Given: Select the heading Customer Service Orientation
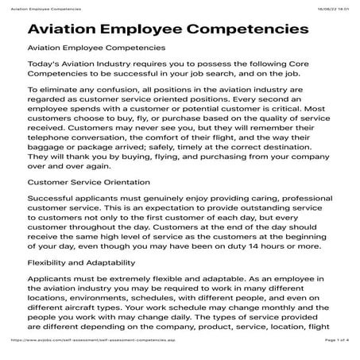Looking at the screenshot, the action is [x=82, y=182].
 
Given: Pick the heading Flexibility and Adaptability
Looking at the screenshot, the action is [x=79, y=261].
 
